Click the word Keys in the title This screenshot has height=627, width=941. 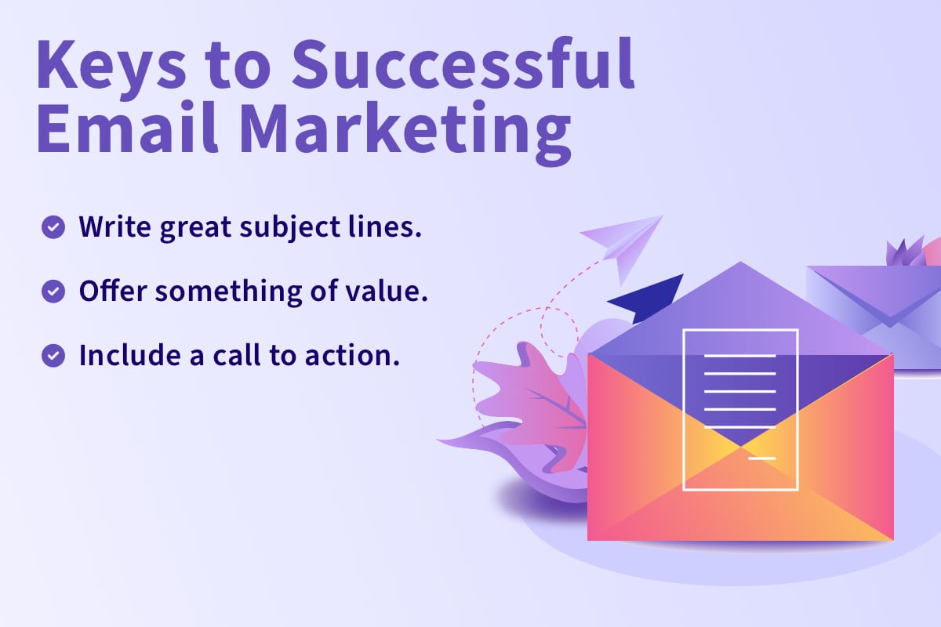tap(111, 67)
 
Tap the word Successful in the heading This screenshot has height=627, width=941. tap(463, 63)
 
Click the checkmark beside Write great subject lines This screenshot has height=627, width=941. tap(53, 227)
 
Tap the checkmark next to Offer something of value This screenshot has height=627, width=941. tap(53, 292)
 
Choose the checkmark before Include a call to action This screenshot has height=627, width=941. tap(53, 356)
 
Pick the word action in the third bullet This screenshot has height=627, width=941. tap(352, 356)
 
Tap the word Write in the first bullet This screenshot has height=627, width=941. tap(114, 227)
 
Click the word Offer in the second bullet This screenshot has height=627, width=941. tap(113, 290)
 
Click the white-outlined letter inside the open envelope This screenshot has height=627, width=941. tap(740, 409)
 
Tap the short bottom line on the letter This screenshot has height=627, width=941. tap(762, 458)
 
